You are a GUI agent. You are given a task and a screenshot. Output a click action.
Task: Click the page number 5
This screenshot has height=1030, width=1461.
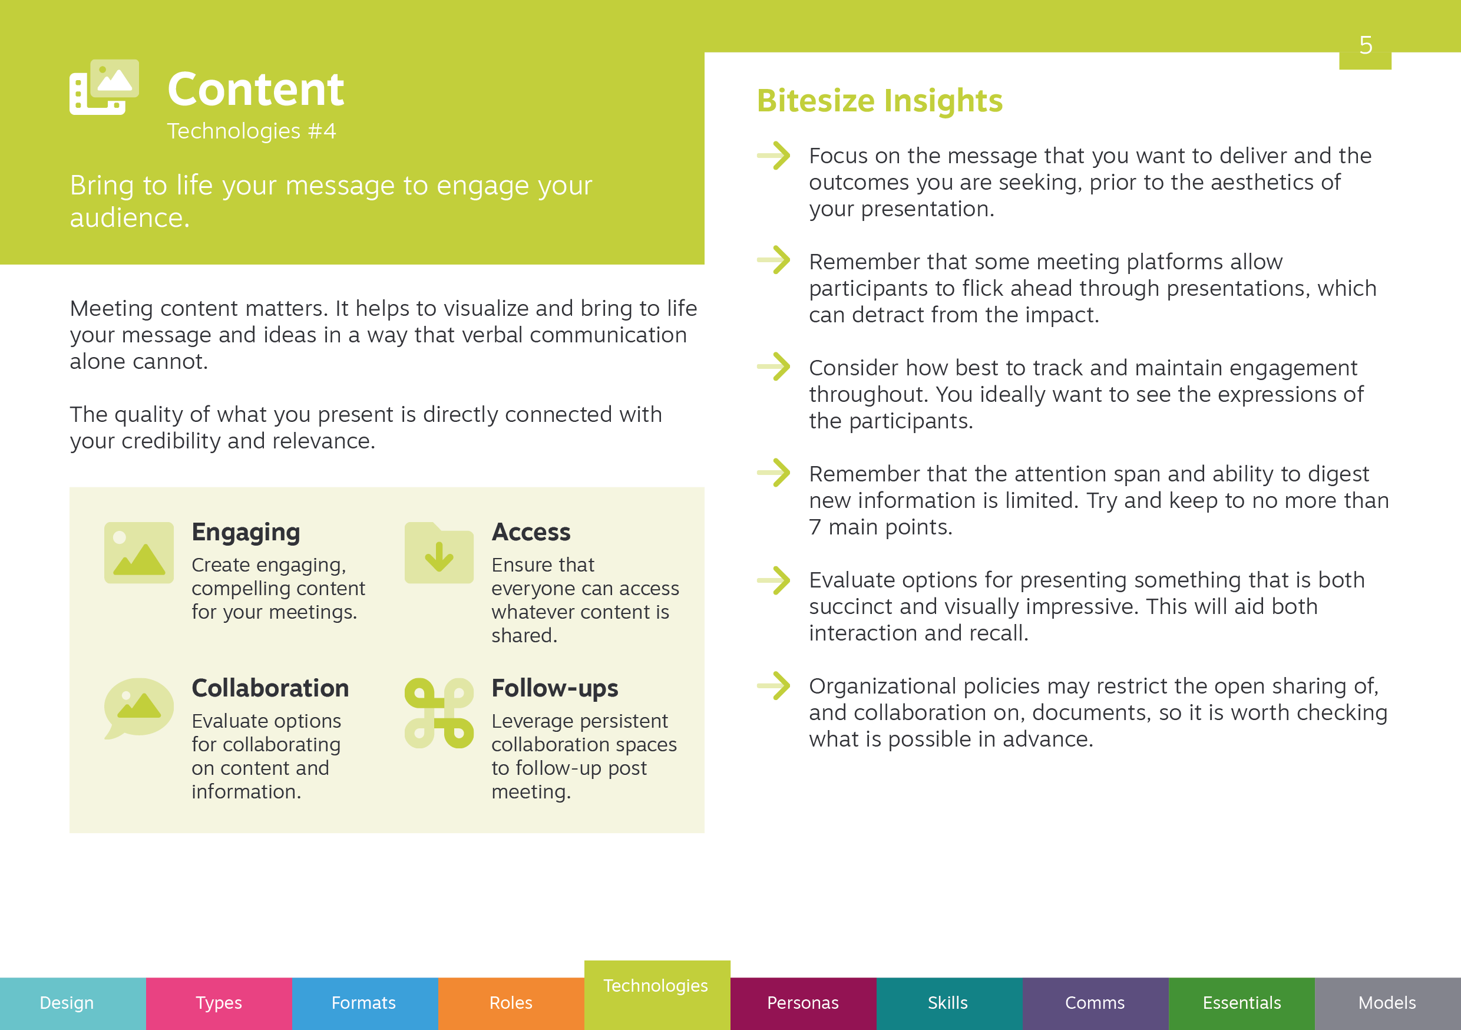pyautogui.click(x=1366, y=45)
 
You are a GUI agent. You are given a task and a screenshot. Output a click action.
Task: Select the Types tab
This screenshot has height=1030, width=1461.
pyautogui.click(x=219, y=1003)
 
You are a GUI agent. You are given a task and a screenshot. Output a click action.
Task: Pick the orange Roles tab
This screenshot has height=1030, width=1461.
pyautogui.click(x=511, y=1003)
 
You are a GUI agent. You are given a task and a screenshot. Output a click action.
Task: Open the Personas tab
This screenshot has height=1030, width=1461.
pyautogui.click(x=803, y=1003)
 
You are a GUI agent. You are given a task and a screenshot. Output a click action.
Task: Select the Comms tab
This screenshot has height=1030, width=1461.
pyautogui.click(x=1096, y=1003)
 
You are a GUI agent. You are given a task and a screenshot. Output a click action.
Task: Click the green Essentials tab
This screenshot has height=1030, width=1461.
pyautogui.click(x=1242, y=1003)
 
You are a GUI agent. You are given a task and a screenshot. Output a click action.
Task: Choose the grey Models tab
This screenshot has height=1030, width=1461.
pyautogui.click(x=1388, y=1003)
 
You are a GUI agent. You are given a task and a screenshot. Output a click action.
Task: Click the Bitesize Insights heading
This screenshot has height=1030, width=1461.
pyautogui.click(x=880, y=101)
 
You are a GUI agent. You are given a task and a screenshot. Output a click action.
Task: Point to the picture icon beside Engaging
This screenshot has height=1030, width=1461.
pyautogui.click(x=138, y=553)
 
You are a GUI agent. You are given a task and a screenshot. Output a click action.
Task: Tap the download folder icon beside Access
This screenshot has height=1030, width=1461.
pyautogui.click(x=439, y=553)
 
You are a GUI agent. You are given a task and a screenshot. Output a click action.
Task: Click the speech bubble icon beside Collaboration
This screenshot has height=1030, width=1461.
pyautogui.click(x=138, y=708)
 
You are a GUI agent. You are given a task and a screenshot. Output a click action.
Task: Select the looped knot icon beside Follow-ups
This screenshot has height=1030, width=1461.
pyautogui.click(x=439, y=713)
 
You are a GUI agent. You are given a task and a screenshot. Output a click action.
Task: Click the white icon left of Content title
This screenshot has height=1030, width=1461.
pyautogui.click(x=104, y=87)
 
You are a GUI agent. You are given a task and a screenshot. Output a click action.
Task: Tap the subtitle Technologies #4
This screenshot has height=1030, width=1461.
pyautogui.click(x=252, y=131)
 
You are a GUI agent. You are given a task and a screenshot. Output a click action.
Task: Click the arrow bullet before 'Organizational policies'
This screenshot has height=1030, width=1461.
pyautogui.click(x=774, y=686)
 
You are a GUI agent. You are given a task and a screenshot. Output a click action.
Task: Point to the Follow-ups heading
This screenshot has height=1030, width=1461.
pyautogui.click(x=555, y=688)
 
